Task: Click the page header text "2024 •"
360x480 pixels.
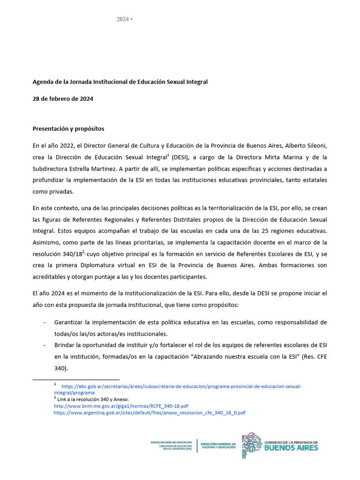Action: (x=124, y=19)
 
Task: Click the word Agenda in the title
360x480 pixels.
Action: (x=44, y=82)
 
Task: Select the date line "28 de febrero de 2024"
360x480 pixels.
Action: (x=62, y=98)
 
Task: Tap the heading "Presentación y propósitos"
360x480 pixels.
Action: (x=68, y=128)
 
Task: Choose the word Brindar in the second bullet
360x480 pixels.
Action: (x=66, y=345)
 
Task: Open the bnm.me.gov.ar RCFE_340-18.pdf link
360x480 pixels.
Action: (x=121, y=405)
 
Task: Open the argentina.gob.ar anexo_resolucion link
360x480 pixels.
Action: (x=150, y=412)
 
